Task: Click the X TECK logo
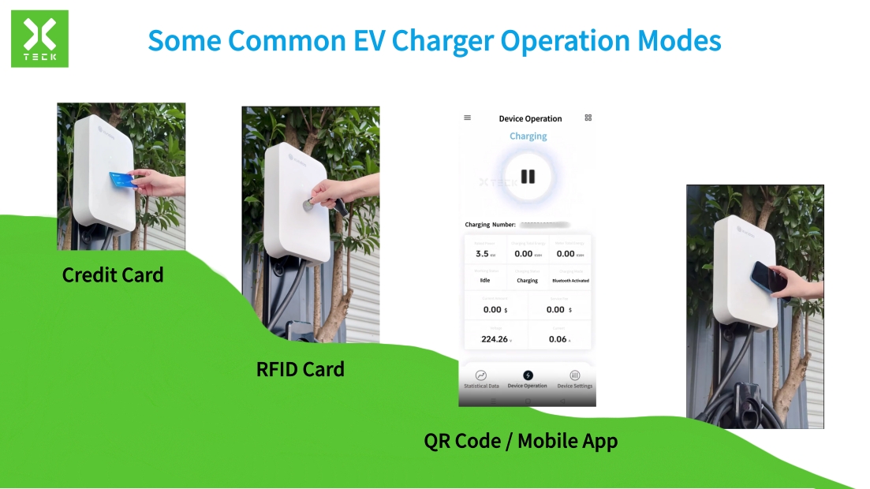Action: point(39,39)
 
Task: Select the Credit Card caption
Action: point(113,275)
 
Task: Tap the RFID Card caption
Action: point(301,369)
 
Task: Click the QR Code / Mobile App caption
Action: point(521,441)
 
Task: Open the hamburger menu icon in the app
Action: point(467,118)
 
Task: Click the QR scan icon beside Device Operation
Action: point(588,118)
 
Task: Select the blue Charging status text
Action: point(528,136)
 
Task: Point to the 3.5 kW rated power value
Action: point(483,254)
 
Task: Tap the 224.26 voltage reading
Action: point(495,339)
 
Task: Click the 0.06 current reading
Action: point(558,339)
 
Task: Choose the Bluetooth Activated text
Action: point(570,281)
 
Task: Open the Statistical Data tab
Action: point(481,379)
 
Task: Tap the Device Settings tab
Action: point(574,379)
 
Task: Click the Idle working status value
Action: point(484,281)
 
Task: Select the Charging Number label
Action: point(490,225)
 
